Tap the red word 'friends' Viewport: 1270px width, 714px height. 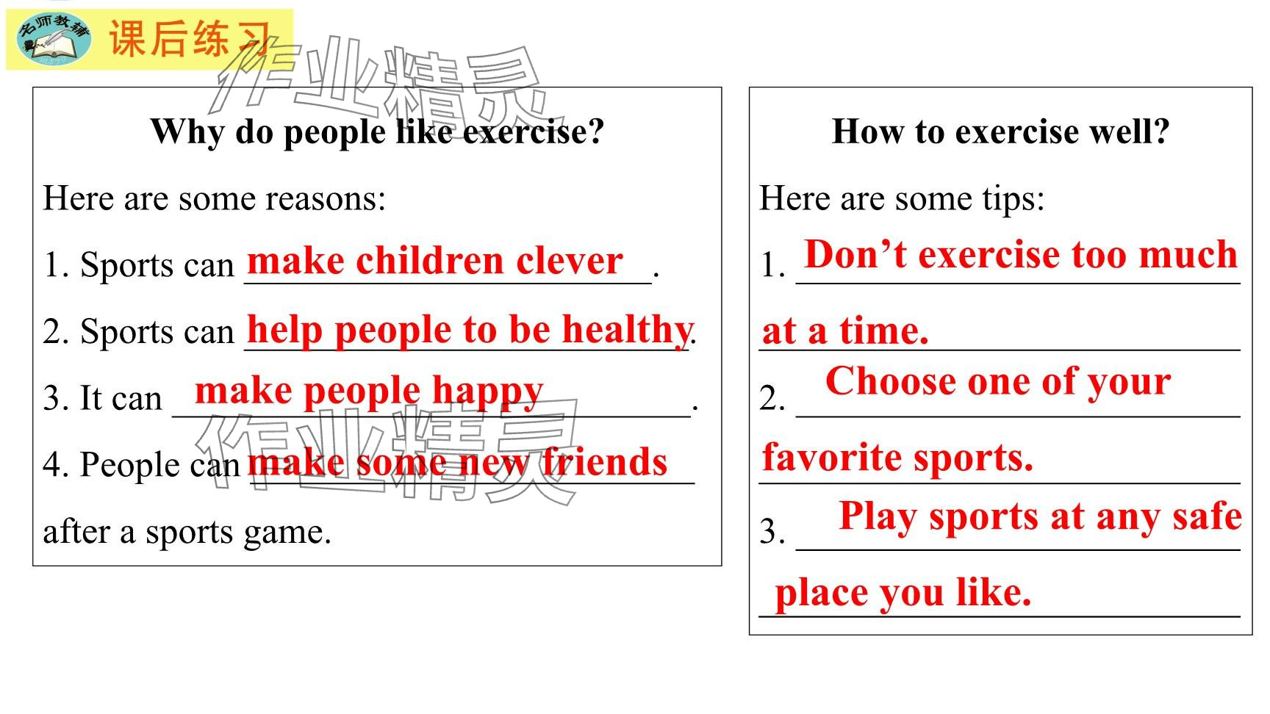coord(605,463)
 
